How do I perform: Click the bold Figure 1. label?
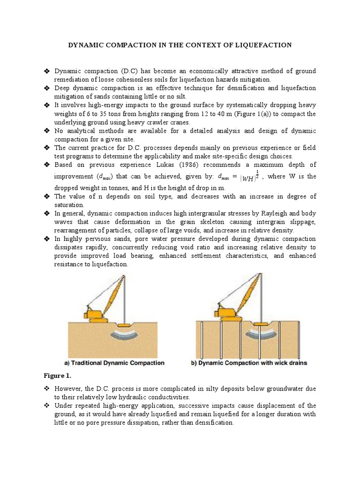pos(56,376)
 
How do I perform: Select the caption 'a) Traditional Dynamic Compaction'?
pos(114,363)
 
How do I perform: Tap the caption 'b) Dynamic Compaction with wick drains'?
pos(251,363)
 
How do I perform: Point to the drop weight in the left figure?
pos(125,325)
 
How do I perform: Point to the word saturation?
pos(70,205)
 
